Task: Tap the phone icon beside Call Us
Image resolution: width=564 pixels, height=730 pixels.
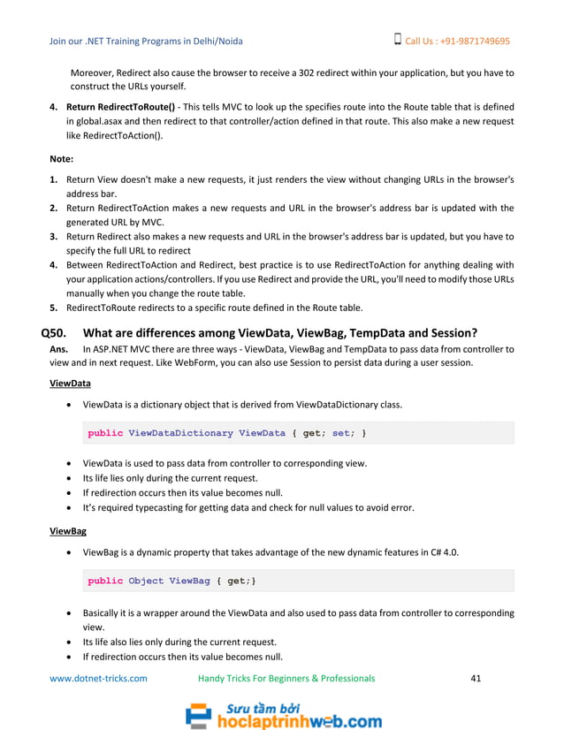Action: (397, 40)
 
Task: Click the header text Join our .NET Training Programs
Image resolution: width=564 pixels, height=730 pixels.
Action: (146, 41)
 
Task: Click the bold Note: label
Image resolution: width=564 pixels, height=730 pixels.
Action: (61, 160)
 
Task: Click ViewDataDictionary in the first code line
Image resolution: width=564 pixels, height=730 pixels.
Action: (180, 433)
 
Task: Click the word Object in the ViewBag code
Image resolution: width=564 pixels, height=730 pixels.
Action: (146, 581)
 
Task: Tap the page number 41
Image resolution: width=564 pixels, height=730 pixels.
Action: (476, 679)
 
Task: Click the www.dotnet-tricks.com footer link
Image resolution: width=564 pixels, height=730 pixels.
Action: (98, 679)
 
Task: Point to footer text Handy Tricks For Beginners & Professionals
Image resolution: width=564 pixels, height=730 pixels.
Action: (286, 679)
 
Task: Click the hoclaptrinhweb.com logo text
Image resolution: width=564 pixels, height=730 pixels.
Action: (300, 721)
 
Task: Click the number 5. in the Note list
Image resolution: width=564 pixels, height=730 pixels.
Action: (54, 308)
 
